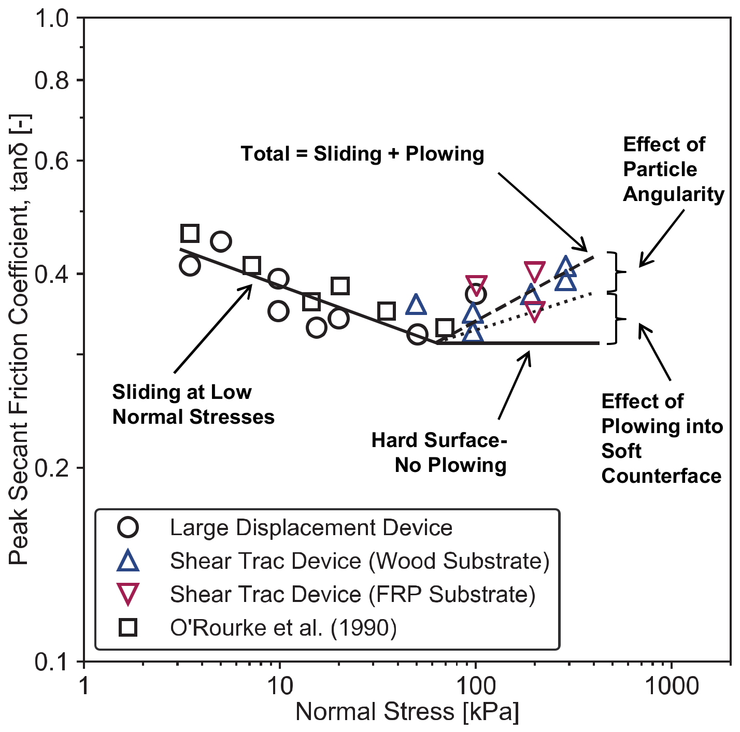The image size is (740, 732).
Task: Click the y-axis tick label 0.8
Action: (x=52, y=80)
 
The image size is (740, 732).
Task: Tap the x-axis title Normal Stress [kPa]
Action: (x=407, y=712)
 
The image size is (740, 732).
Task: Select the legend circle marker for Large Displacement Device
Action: (x=127, y=528)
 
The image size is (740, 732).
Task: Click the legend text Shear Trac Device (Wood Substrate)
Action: (x=360, y=561)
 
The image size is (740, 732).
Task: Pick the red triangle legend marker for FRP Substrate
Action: (x=127, y=594)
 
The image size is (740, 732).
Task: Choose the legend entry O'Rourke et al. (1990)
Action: (x=283, y=627)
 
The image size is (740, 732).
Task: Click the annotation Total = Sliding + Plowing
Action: (x=362, y=154)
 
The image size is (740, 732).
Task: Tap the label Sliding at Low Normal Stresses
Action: (x=193, y=404)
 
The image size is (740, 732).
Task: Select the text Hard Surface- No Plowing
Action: (x=439, y=452)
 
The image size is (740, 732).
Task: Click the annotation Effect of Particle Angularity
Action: (x=673, y=169)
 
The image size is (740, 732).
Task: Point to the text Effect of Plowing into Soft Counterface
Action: (x=661, y=438)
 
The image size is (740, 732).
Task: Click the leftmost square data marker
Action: (x=190, y=234)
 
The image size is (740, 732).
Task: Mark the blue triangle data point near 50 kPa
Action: (x=416, y=305)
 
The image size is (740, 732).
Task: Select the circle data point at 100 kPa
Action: (x=475, y=294)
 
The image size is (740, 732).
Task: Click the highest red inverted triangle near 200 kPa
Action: (x=534, y=271)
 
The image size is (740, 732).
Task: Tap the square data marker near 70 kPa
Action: (x=445, y=328)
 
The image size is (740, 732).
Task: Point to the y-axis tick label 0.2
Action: (x=52, y=468)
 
